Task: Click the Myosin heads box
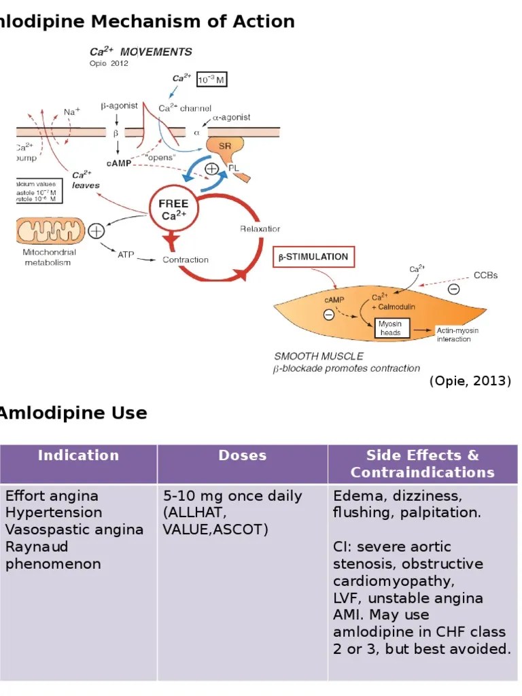pos(390,328)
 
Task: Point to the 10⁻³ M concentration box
pos(211,80)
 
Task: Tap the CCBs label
pos(485,275)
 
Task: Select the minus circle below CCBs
pos(453,290)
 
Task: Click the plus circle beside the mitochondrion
pos(97,230)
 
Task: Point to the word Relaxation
pos(260,229)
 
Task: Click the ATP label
pos(126,255)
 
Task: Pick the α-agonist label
pos(231,118)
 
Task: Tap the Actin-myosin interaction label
pos(457,334)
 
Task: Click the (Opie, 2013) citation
pos(470,381)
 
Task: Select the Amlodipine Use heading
pos(73,413)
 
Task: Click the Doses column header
pos(242,455)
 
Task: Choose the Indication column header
pos(78,455)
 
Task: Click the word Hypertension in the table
pos(54,512)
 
